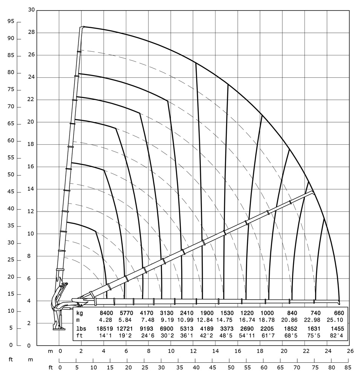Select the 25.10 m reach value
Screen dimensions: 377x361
coord(335,320)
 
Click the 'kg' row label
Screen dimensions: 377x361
coord(79,313)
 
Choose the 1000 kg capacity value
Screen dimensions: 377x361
coord(267,313)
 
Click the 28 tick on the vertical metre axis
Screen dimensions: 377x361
coord(31,32)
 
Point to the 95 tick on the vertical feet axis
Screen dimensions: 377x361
coord(11,22)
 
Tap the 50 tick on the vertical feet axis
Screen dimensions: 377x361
coord(11,175)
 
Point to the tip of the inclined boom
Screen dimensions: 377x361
coord(313,192)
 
